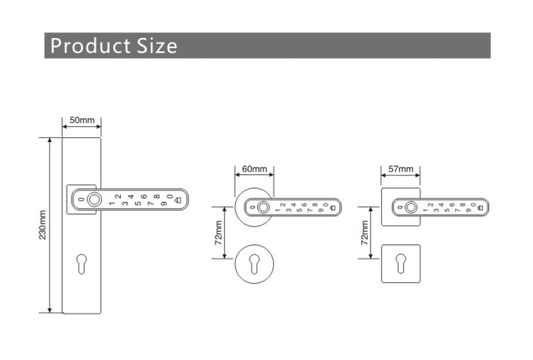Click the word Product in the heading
click(90, 45)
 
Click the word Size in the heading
click(157, 45)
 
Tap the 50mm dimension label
click(81, 120)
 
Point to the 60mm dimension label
click(254, 169)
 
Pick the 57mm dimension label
click(401, 169)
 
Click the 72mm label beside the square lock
click(364, 232)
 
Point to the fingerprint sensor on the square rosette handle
click(410, 207)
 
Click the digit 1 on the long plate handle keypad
click(111, 204)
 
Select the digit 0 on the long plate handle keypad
click(170, 197)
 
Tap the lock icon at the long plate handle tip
click(178, 200)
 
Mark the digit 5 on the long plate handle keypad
click(138, 204)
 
